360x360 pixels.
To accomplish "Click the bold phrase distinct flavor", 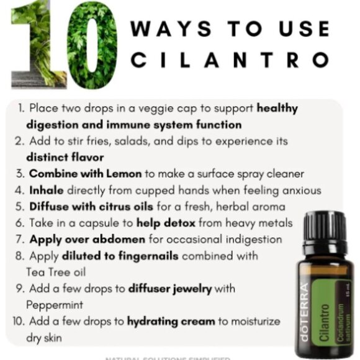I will pyautogui.click(x=65, y=157).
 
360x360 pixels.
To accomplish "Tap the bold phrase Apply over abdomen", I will pyautogui.click(x=87, y=239).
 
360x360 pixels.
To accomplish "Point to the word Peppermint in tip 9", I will pyautogui.click(x=55, y=305).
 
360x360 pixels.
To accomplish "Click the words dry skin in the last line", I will pyautogui.click(x=47, y=337).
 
